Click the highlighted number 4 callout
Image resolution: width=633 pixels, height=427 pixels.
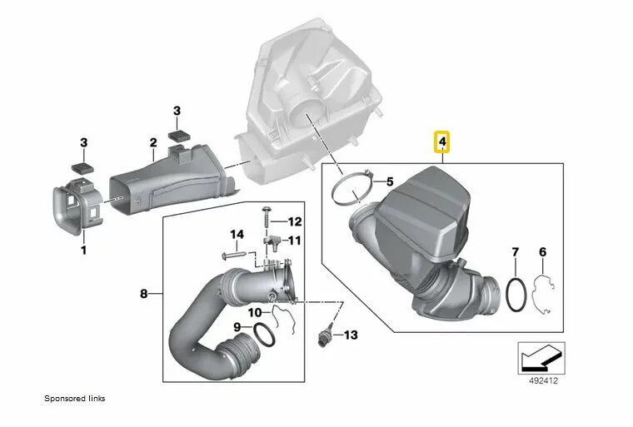click(442, 142)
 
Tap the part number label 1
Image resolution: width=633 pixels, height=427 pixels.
click(83, 251)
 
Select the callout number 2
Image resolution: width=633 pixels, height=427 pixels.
click(153, 142)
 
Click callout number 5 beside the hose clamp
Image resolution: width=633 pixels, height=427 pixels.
click(390, 181)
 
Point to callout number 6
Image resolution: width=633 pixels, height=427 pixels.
click(542, 252)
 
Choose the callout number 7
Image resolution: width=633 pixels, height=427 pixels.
click(515, 252)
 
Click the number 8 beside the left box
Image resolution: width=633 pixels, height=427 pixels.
click(144, 294)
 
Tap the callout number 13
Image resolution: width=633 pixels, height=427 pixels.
click(351, 335)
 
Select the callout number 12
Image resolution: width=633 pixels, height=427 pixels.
click(295, 221)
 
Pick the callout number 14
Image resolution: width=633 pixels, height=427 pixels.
click(237, 234)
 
